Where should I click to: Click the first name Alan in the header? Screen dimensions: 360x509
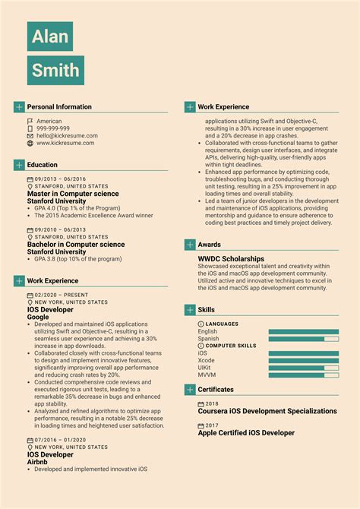pos(50,36)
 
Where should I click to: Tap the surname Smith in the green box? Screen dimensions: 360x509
pos(55,71)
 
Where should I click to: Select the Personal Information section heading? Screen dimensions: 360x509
pos(59,107)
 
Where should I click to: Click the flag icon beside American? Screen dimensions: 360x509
pos(30,122)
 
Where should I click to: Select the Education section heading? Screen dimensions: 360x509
pos(43,165)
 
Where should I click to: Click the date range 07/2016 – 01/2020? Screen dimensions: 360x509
pos(61,440)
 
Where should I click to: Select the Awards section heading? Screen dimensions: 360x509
pos(210,245)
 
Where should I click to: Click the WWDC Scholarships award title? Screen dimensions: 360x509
pos(231,258)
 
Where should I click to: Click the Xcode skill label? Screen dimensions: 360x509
pos(207,361)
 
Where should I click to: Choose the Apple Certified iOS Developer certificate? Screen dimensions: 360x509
pos(246,433)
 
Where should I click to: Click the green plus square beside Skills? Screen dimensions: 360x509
pos(190,310)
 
